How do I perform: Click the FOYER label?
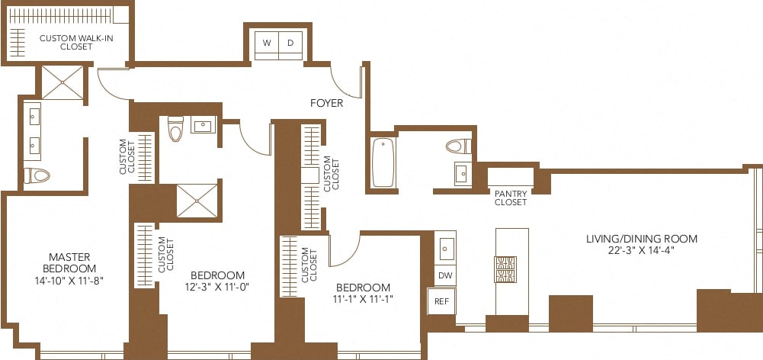click(x=326, y=103)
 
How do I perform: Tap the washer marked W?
click(x=267, y=43)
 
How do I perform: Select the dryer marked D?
click(x=290, y=43)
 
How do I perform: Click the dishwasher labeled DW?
click(x=445, y=275)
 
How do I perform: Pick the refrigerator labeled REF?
click(x=442, y=301)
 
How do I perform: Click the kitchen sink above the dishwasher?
click(x=446, y=248)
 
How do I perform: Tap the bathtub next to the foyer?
click(x=383, y=162)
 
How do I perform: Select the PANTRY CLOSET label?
click(x=511, y=198)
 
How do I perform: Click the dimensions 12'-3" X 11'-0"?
click(x=217, y=288)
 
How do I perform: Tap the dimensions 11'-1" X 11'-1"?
click(x=364, y=299)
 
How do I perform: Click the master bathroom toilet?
click(x=37, y=175)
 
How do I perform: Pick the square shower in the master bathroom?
click(x=62, y=82)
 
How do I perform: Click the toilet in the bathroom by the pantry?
click(x=457, y=146)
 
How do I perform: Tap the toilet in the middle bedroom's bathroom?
click(x=176, y=130)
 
